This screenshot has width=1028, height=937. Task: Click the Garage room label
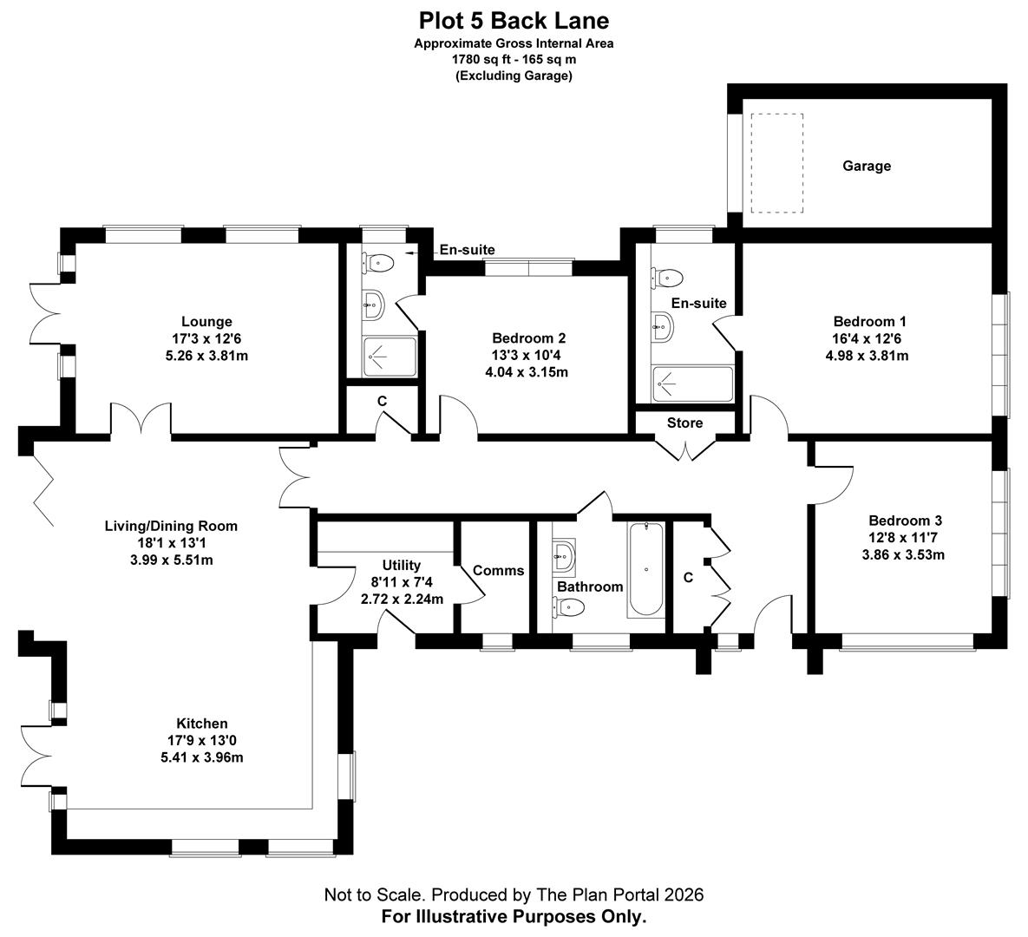(x=866, y=166)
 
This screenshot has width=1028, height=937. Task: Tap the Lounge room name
(x=206, y=322)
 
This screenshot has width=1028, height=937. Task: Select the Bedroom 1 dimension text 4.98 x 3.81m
(x=869, y=356)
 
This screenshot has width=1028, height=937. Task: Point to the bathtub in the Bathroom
(x=645, y=569)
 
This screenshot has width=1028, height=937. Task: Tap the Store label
(x=684, y=423)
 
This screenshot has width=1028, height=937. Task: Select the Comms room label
(x=498, y=570)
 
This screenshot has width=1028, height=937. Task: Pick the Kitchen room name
(x=202, y=724)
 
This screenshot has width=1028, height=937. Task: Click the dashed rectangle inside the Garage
(x=778, y=162)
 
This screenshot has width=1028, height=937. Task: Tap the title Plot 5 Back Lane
(x=514, y=20)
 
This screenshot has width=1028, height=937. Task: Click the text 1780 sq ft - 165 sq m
(x=514, y=60)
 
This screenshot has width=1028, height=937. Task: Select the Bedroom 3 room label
(x=905, y=521)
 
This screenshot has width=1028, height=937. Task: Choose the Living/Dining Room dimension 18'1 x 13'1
(x=170, y=543)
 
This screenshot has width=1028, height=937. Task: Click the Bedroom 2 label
(x=528, y=338)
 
